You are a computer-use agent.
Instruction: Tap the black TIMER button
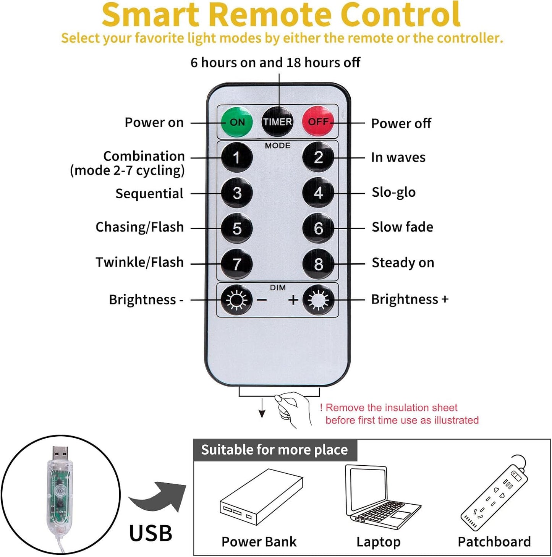pos(277,122)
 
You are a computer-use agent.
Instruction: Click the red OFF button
pos(318,122)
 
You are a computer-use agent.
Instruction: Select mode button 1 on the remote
pos(237,157)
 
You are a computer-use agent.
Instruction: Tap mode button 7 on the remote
pos(237,264)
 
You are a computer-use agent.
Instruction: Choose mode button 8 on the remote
pos(318,264)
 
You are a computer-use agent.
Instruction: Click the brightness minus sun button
pos(237,300)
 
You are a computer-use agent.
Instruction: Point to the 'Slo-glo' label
pos(393,193)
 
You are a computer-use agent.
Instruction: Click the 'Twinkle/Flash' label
pos(139,262)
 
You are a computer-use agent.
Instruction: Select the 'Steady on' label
pos(403,263)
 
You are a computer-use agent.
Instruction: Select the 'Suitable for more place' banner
pos(274,450)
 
